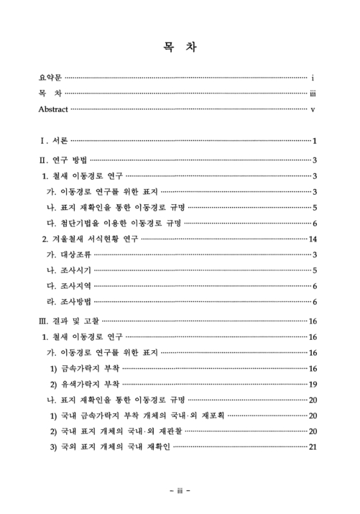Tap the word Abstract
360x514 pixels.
point(53,109)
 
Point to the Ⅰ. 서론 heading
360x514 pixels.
point(53,141)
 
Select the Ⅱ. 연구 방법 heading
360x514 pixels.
point(62,160)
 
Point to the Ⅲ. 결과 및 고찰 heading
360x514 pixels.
point(69,321)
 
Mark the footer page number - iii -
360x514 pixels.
point(180,491)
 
